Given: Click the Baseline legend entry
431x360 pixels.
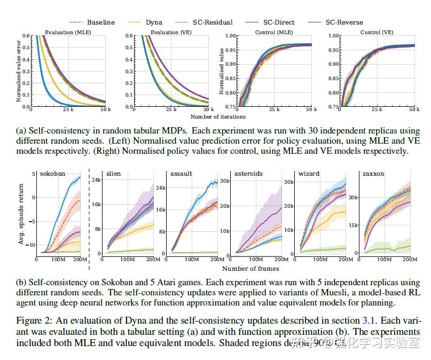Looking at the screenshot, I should pyautogui.click(x=100, y=22).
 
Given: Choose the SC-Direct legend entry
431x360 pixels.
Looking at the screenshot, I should pyautogui.click(x=278, y=22).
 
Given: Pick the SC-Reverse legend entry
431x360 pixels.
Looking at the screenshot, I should pyautogui.click(x=344, y=22).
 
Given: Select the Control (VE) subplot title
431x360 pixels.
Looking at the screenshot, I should pyautogui.click(x=378, y=32).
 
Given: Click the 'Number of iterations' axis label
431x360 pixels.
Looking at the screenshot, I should pyautogui.click(x=218, y=116).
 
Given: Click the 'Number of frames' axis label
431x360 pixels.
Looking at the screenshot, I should pyautogui.click(x=250, y=268).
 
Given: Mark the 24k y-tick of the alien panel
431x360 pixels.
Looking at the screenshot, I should pyautogui.click(x=97, y=180).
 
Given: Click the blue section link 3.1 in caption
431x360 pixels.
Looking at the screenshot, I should pyautogui.click(x=368, y=320).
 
